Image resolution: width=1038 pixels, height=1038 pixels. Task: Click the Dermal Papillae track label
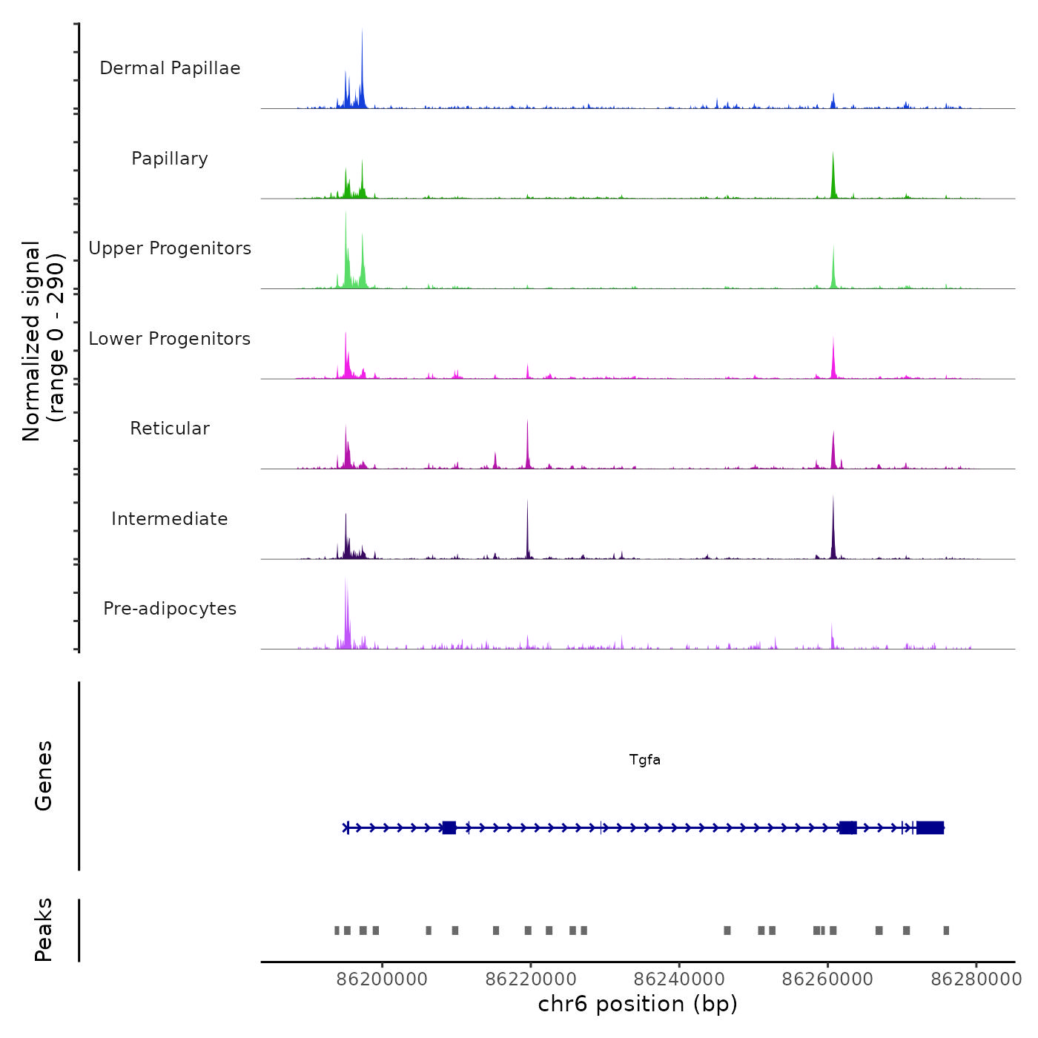pyautogui.click(x=170, y=68)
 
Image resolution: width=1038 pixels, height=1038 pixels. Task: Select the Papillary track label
pyautogui.click(x=170, y=159)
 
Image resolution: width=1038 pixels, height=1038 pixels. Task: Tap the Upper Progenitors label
pyautogui.click(x=170, y=248)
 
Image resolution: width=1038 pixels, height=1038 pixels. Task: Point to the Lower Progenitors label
pyautogui.click(x=170, y=339)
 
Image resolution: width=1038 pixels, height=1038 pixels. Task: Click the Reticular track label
pyautogui.click(x=170, y=429)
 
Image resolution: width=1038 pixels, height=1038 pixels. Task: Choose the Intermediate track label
pyautogui.click(x=170, y=519)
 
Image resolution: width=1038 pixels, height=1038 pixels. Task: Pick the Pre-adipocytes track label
pyautogui.click(x=170, y=609)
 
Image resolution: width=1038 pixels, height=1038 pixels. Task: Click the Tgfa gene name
pyautogui.click(x=644, y=759)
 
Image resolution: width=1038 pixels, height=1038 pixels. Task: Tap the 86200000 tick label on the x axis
pyautogui.click(x=382, y=979)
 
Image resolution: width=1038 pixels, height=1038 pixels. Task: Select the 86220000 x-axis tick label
pyautogui.click(x=531, y=979)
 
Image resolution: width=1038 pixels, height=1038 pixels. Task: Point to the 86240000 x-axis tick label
pyautogui.click(x=680, y=979)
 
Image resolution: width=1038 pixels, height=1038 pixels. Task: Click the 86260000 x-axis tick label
pyautogui.click(x=828, y=979)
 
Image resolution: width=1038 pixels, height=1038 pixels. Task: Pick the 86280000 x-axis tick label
pyautogui.click(x=976, y=979)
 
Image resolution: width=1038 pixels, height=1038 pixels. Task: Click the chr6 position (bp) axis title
pyautogui.click(x=638, y=1004)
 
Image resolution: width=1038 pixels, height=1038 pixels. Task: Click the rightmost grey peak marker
pyautogui.click(x=946, y=930)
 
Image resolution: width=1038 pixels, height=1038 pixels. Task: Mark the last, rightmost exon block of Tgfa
pyautogui.click(x=930, y=827)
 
